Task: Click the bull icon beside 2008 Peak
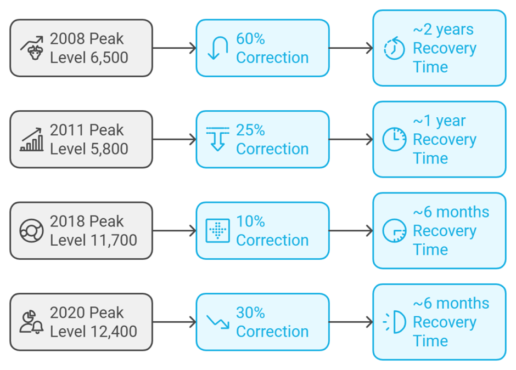tap(32, 48)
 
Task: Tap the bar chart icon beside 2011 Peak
tap(32, 139)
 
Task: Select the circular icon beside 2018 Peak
tap(32, 231)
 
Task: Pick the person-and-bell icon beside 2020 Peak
tap(32, 322)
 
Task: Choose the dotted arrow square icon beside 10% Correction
tap(217, 231)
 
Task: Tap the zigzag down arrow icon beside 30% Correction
tap(217, 322)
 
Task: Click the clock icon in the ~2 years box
tap(394, 48)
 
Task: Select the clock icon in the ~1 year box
tap(394, 139)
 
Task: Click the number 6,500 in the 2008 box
tap(109, 58)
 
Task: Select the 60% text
tap(250, 39)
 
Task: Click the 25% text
tap(250, 130)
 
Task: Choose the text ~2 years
tap(444, 30)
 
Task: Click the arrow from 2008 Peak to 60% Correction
tap(175, 48)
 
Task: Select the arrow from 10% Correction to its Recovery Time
tap(351, 231)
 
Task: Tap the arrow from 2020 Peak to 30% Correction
tap(175, 322)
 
